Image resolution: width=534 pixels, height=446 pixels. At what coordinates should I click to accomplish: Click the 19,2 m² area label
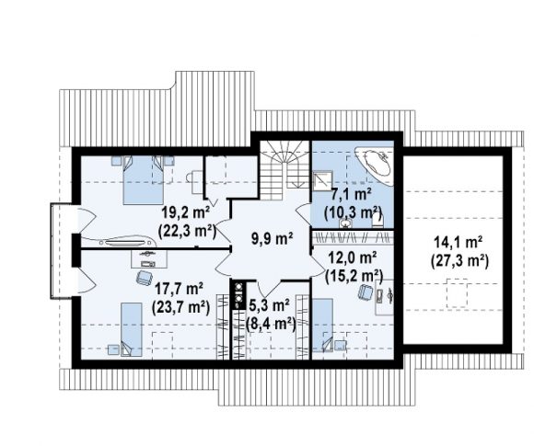(186, 213)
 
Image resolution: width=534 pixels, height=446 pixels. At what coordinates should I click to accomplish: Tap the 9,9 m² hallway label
(273, 239)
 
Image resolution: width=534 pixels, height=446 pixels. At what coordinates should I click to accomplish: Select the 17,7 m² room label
(180, 290)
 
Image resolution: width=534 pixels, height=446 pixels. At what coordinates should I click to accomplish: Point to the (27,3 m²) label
(459, 261)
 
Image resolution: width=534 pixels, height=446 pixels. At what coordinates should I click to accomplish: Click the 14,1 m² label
(458, 243)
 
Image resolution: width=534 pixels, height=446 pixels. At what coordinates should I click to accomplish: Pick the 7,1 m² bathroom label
(351, 196)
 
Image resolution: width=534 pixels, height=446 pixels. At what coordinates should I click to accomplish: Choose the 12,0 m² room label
(352, 257)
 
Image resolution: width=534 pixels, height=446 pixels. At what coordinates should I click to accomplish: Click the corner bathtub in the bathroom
(375, 163)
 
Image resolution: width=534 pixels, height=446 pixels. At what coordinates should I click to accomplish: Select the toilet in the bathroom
(377, 221)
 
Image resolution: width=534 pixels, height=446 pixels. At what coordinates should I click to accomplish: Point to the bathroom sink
(346, 223)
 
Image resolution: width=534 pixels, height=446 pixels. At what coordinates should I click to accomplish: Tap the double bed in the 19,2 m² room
(143, 180)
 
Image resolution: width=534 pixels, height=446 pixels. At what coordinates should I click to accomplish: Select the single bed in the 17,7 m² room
(132, 329)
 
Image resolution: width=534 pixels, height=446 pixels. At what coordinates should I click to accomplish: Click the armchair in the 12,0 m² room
(366, 292)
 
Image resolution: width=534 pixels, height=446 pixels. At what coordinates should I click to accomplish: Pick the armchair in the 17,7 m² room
(144, 279)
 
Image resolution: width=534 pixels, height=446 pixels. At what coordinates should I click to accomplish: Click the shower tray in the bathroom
(321, 179)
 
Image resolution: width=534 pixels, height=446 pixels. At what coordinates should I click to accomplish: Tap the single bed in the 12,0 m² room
(323, 325)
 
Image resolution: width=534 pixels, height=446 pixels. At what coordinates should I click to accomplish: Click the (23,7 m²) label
(180, 308)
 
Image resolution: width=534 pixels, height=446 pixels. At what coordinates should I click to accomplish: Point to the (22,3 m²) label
(187, 232)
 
